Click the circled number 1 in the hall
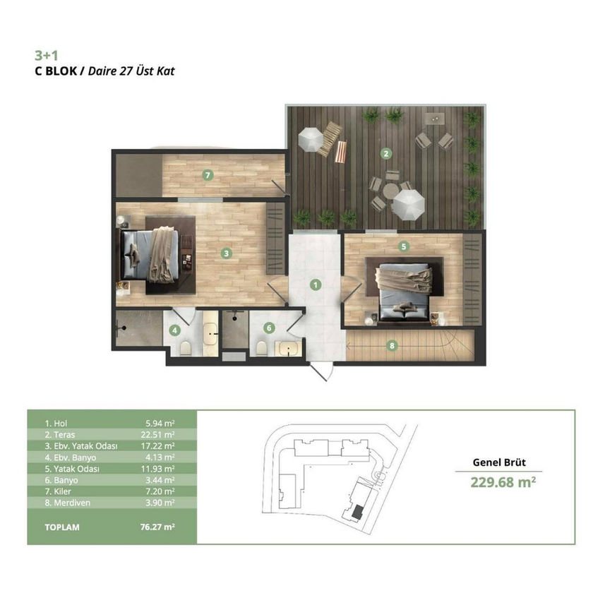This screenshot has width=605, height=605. tap(316, 285)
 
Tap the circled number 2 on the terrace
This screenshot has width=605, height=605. tap(386, 154)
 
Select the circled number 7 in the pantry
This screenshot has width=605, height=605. tap(208, 175)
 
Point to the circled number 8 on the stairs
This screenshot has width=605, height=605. tap(392, 345)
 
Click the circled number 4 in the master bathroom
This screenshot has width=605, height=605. tap(174, 330)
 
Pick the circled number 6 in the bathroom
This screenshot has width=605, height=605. tap(269, 328)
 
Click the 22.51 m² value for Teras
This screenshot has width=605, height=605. tap(158, 434)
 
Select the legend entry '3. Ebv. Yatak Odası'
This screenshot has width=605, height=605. tap(81, 445)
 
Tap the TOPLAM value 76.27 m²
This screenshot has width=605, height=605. tap(158, 527)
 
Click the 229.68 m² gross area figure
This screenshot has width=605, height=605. tap(503, 482)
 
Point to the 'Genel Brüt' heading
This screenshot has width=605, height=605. tap(499, 462)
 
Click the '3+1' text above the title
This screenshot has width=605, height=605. tap(47, 56)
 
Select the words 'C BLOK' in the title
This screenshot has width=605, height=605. tap(56, 71)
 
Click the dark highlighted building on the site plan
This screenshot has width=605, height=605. tap(358, 512)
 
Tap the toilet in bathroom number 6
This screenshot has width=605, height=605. tap(262, 349)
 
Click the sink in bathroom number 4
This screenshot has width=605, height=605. tap(210, 334)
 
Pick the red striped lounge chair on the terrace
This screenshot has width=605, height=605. tap(340, 152)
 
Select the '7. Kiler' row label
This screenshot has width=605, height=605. tap(58, 491)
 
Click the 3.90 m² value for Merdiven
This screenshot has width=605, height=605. tap(160, 503)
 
